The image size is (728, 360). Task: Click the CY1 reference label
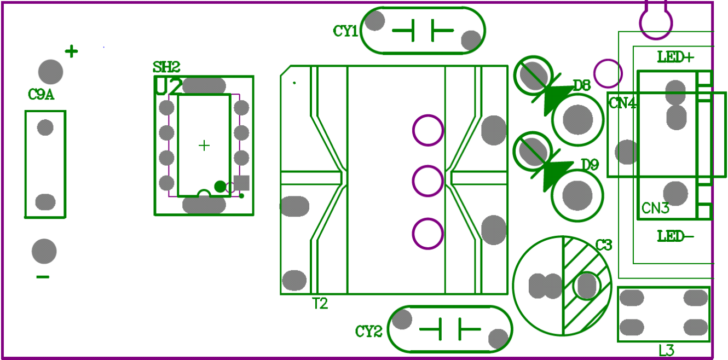[x=345, y=31]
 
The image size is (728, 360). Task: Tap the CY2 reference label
[x=368, y=331]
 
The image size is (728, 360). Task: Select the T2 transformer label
[x=320, y=304]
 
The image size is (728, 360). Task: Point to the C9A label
[x=41, y=95]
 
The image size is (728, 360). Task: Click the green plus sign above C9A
[x=71, y=51]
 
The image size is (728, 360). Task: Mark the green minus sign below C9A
[x=43, y=277]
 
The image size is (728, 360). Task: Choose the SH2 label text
[x=166, y=67]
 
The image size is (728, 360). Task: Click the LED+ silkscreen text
[x=675, y=57]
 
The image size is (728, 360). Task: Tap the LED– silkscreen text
[x=675, y=236]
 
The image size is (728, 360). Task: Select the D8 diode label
[x=581, y=85]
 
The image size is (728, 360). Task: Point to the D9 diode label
[x=590, y=165]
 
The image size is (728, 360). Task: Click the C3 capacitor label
[x=603, y=246]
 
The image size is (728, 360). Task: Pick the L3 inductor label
[x=666, y=351]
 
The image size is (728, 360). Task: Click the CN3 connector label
[x=655, y=208]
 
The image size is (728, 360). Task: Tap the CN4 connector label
[x=622, y=103]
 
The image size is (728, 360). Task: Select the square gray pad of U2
[x=241, y=183]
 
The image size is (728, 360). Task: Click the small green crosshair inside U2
[x=204, y=146]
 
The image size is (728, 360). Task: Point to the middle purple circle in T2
[x=427, y=182]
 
